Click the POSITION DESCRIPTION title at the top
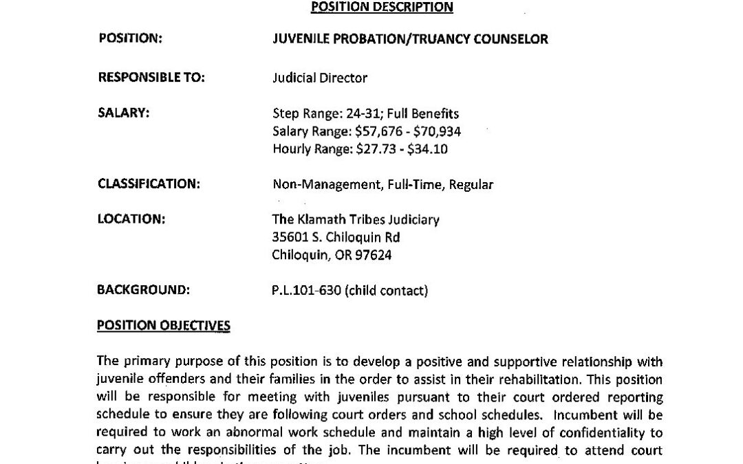pos(383,7)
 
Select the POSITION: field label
pos(131,38)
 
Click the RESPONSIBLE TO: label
pos(151,78)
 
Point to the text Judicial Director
pos(320,78)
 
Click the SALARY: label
pos(124,113)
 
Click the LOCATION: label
pos(131,220)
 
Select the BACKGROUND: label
pos(143,291)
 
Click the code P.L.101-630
pos(307,291)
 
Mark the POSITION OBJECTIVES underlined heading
pos(164,326)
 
